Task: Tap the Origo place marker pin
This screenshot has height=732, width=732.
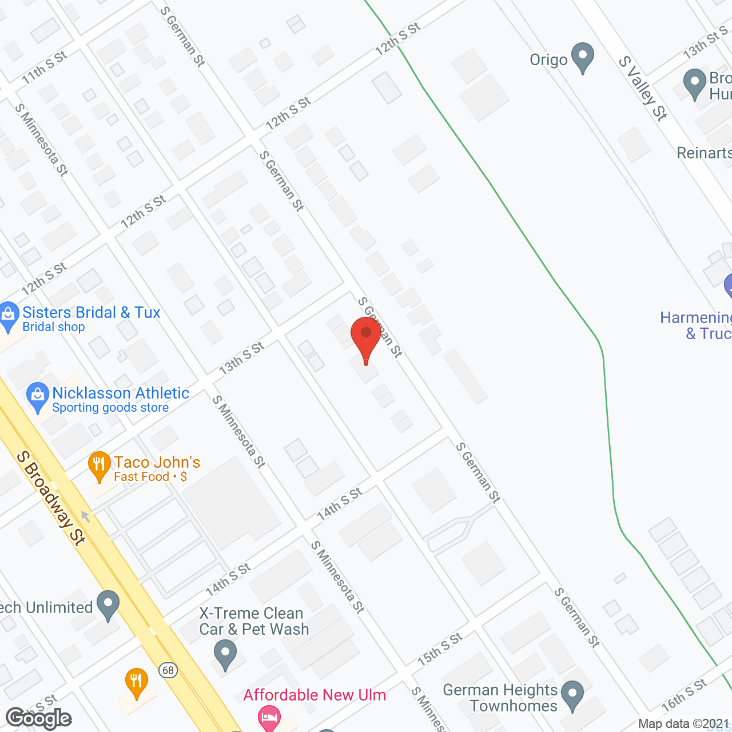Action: tap(583, 57)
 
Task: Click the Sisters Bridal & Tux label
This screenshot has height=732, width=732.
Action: tap(91, 313)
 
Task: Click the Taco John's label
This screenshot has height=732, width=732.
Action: tap(157, 462)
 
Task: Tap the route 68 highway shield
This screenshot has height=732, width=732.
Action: tap(168, 670)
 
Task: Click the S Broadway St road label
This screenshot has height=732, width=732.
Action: tap(51, 497)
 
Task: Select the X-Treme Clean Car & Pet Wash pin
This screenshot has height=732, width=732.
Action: tap(225, 654)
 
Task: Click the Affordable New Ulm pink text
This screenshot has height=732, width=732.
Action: tap(315, 695)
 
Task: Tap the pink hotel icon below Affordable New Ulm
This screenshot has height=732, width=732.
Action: tap(268, 718)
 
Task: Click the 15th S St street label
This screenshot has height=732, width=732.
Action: tap(439, 650)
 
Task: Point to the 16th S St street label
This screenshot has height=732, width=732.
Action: tap(684, 695)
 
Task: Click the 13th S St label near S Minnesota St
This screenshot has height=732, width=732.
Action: tap(241, 358)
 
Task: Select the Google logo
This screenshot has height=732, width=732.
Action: tap(39, 718)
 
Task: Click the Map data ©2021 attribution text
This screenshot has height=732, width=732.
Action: tap(683, 724)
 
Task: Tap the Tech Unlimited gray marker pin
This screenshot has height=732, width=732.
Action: tap(108, 604)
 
